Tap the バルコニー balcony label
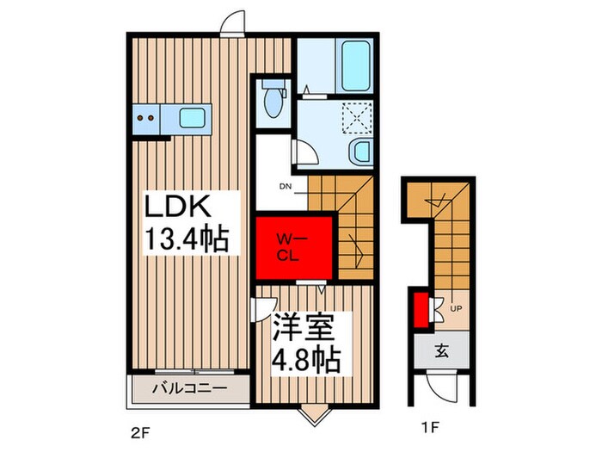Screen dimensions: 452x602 point(190,388)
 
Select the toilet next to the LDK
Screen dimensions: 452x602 point(274,101)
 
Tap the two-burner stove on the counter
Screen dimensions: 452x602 point(146,118)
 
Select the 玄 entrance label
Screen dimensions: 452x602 point(440,351)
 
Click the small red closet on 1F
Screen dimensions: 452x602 point(421,310)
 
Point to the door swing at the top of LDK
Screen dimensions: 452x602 point(230,23)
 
